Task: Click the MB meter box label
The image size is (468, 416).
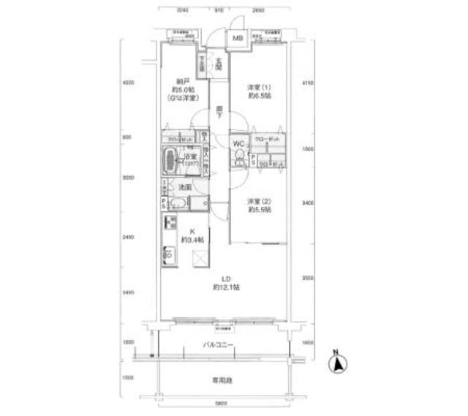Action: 238,38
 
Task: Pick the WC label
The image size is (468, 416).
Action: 238,143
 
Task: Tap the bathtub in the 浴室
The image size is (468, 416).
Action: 173,158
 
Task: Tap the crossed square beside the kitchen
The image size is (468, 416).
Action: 200,257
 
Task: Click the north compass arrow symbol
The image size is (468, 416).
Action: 339,363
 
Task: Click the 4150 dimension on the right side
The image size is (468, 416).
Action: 307,84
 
